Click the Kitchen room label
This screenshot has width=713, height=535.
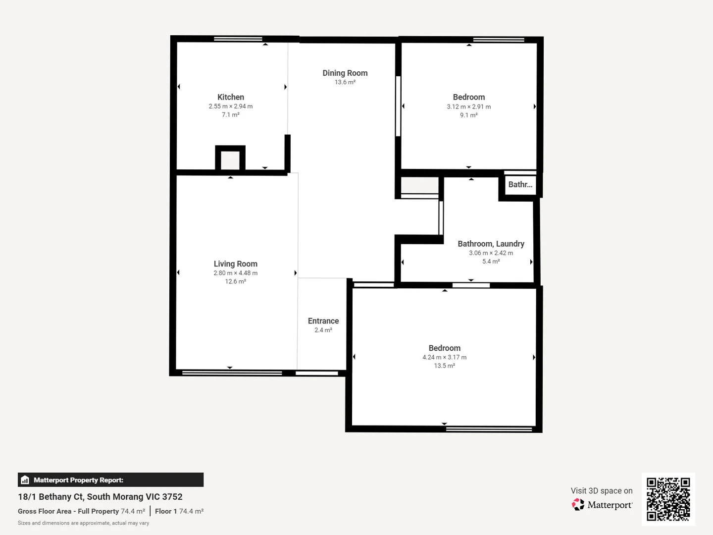(230, 97)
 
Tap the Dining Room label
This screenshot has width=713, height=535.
(345, 73)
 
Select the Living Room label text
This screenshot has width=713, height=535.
(235, 264)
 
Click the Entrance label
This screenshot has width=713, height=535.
(323, 321)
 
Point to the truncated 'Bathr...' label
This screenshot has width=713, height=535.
(520, 185)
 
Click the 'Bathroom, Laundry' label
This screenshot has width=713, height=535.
(491, 244)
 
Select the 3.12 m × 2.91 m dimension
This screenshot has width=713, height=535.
(468, 107)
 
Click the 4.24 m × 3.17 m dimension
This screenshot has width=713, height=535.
(444, 357)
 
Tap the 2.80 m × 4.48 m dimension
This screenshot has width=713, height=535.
(235, 273)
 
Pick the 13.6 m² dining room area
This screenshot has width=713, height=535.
(345, 82)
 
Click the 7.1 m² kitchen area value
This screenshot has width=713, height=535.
(230, 115)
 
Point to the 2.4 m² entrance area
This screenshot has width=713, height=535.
(323, 330)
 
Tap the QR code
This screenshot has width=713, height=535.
(668, 499)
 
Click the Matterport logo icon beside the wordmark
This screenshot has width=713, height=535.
(578, 505)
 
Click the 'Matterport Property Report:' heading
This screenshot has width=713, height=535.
(78, 480)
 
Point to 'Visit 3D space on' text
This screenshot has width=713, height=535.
(601, 491)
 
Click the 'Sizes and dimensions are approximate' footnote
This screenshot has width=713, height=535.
(83, 523)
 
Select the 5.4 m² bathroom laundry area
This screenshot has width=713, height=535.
(491, 262)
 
